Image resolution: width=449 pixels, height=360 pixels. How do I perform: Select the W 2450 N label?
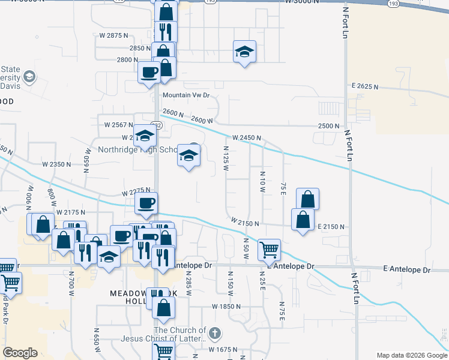pos(247,138)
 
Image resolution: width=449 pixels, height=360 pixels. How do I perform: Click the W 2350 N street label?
pos(57,164)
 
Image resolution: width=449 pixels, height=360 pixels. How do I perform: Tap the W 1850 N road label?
pos(226,306)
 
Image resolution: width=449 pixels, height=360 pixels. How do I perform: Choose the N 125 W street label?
pos(226,158)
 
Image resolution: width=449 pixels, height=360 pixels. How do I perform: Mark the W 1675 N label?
pos(223,349)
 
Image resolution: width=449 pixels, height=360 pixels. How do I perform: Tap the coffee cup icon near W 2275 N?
pos(146,202)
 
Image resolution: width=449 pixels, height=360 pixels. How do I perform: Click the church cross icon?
pos(216,334)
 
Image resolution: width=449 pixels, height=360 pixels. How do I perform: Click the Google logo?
pos(20,353)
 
